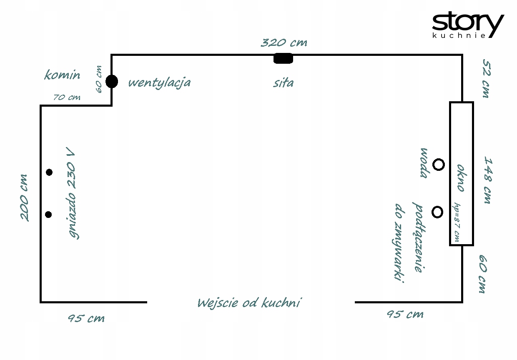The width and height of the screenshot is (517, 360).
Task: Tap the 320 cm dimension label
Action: (284, 43)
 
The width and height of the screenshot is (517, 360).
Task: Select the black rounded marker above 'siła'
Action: (283, 59)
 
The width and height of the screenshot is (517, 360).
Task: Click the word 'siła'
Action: (284, 82)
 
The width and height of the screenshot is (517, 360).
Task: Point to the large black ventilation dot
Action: (112, 81)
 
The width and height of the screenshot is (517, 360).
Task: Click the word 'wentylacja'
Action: (159, 82)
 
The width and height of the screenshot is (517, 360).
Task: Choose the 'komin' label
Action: (62, 75)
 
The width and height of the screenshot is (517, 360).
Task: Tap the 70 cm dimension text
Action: (67, 98)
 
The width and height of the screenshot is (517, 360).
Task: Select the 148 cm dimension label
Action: (487, 180)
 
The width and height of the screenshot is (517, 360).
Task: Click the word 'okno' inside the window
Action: (461, 178)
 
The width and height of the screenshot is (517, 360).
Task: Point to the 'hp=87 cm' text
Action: (457, 222)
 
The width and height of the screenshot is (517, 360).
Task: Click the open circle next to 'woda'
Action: (439, 165)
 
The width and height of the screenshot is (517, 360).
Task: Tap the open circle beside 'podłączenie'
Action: (437, 212)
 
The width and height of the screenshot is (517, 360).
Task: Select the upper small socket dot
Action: (49, 172)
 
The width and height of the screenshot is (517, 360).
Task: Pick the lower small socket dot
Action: (48, 215)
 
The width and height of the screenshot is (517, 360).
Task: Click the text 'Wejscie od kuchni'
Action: (249, 303)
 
